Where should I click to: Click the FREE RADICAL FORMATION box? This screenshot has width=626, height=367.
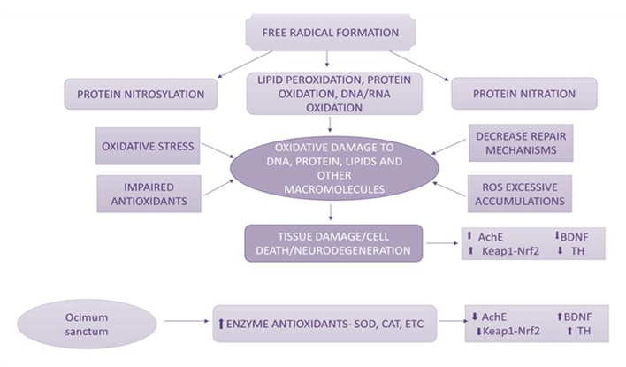point(330,34)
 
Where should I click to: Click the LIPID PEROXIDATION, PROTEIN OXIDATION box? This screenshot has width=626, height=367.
point(329,93)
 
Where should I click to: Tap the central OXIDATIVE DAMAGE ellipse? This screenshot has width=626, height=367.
point(330,167)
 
